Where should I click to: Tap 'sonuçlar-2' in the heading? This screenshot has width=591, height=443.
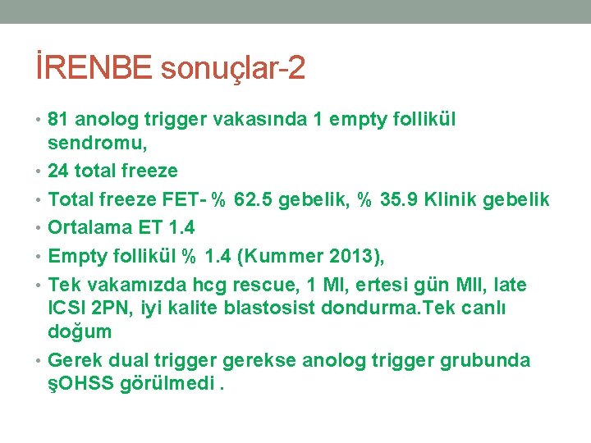233,68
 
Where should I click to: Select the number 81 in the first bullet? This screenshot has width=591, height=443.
58,120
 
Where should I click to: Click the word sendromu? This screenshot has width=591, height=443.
93,144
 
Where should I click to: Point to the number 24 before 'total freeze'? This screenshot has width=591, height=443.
59,171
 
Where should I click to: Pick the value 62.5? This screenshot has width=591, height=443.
254,200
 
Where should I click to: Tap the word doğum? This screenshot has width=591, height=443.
80,332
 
